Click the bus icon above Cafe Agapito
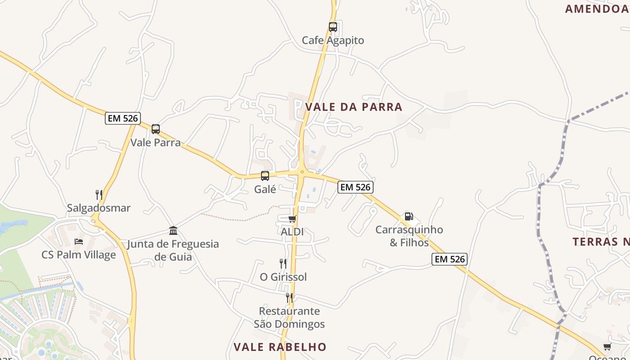click(x=333, y=27)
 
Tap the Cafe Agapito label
click(x=333, y=40)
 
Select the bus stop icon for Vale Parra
click(x=156, y=129)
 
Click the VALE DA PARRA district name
click(x=354, y=107)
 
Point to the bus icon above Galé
click(x=265, y=176)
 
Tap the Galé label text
click(x=265, y=189)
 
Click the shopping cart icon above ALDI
click(x=292, y=219)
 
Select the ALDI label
click(x=292, y=232)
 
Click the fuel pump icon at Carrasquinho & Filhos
click(x=409, y=216)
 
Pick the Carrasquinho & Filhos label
click(x=409, y=236)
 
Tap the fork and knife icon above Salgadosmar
click(x=99, y=194)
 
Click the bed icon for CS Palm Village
click(x=79, y=241)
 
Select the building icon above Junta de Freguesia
click(x=173, y=231)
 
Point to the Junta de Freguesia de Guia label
click(x=173, y=251)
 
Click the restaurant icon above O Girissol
click(x=283, y=263)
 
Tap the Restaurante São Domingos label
click(x=289, y=317)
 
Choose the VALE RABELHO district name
click(x=279, y=347)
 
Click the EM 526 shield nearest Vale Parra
click(x=123, y=118)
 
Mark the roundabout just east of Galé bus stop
click(x=301, y=171)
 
